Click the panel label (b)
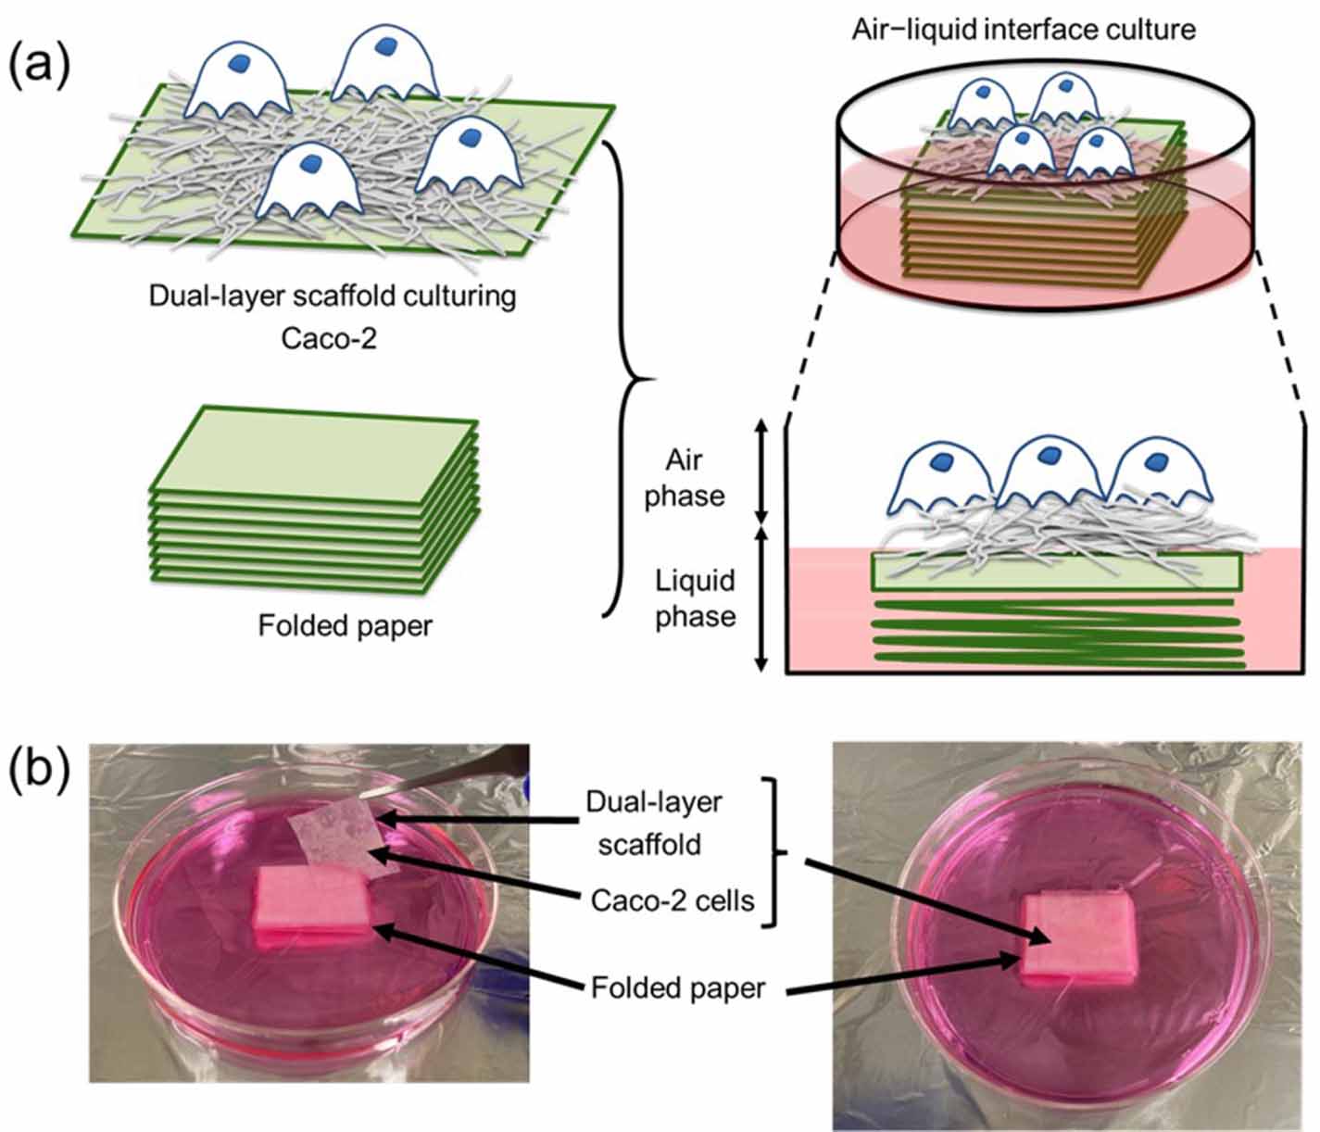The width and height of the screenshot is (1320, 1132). [38, 771]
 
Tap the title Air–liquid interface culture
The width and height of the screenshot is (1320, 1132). [1023, 29]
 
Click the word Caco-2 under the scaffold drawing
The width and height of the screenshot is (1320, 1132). [329, 337]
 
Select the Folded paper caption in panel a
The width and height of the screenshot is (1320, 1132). [345, 626]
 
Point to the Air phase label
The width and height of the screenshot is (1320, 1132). [685, 477]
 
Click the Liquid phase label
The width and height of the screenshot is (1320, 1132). [695, 598]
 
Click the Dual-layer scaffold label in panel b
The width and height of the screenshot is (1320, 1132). [654, 822]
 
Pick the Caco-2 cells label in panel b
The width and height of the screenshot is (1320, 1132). [673, 899]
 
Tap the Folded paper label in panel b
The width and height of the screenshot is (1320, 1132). [678, 987]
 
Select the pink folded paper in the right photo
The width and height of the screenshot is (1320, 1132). [1077, 939]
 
